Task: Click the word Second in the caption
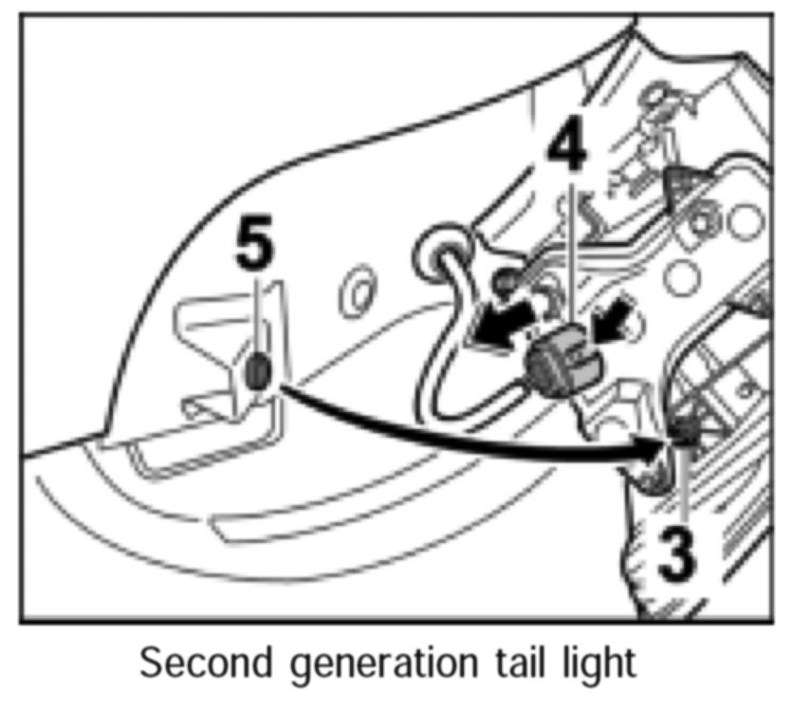[200, 664]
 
